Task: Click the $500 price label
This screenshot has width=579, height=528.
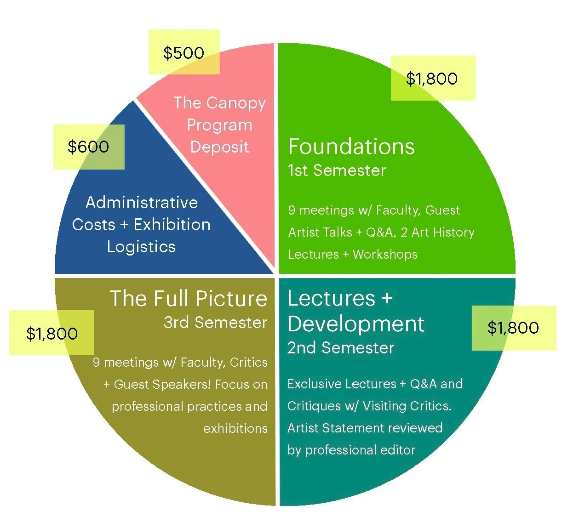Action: [183, 53]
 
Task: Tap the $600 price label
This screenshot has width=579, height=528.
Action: [88, 147]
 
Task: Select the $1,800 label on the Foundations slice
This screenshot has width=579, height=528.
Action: [432, 79]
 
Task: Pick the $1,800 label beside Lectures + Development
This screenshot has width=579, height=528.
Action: [513, 328]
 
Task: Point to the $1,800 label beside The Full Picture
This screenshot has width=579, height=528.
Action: [52, 334]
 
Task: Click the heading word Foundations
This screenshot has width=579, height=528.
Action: [351, 147]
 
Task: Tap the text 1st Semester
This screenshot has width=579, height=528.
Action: [337, 170]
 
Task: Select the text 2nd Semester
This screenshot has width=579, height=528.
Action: [341, 348]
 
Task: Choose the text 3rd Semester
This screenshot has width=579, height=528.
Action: [215, 323]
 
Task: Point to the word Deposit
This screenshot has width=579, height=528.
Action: [219, 147]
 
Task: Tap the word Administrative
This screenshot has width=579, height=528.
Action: [142, 203]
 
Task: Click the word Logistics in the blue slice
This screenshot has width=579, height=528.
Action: [141, 247]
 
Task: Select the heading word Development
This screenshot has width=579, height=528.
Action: [355, 324]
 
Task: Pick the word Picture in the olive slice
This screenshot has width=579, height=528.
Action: [230, 299]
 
